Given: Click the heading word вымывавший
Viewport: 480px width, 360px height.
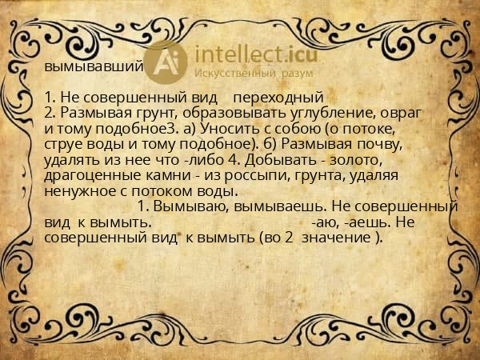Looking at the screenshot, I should tap(94, 66).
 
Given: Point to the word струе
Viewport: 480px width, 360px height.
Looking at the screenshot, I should tap(65, 142).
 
